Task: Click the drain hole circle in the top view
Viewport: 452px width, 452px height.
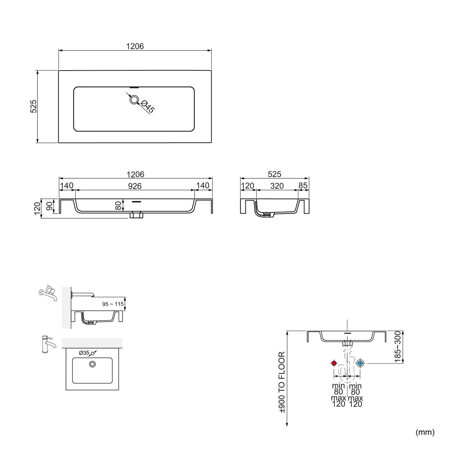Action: coord(134,100)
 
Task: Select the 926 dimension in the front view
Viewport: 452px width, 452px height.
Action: coord(135,186)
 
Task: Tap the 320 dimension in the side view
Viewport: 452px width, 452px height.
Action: coord(277,186)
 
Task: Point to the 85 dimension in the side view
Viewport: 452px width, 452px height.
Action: coord(303,185)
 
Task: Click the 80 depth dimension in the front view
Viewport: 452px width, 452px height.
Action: coord(118,206)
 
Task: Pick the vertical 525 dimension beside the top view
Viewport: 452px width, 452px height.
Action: coord(34,106)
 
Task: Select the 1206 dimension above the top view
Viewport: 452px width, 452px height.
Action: coord(135,46)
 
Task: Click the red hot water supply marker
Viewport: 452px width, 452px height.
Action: coord(334,363)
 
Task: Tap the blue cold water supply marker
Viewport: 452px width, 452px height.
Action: coord(360,363)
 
